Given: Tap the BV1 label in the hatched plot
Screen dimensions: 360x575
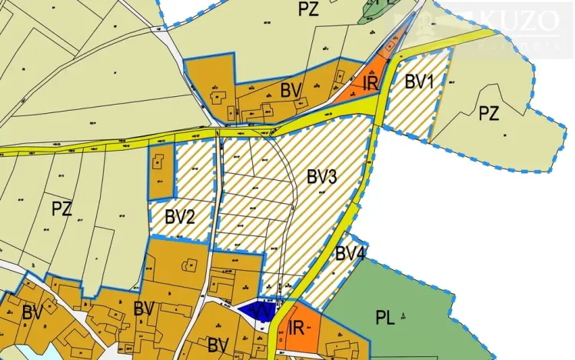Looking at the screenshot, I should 420,81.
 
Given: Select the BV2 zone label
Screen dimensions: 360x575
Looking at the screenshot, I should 180,216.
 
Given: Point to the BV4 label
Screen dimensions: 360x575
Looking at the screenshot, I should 349,253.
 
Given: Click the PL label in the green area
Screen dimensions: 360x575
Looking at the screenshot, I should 385,318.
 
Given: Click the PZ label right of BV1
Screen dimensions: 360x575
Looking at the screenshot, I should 489,114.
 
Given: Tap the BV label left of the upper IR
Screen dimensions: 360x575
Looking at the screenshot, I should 290,90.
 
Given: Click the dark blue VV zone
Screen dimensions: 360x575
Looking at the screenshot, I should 254,310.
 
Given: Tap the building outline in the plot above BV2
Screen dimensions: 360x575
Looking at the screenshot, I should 158,164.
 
